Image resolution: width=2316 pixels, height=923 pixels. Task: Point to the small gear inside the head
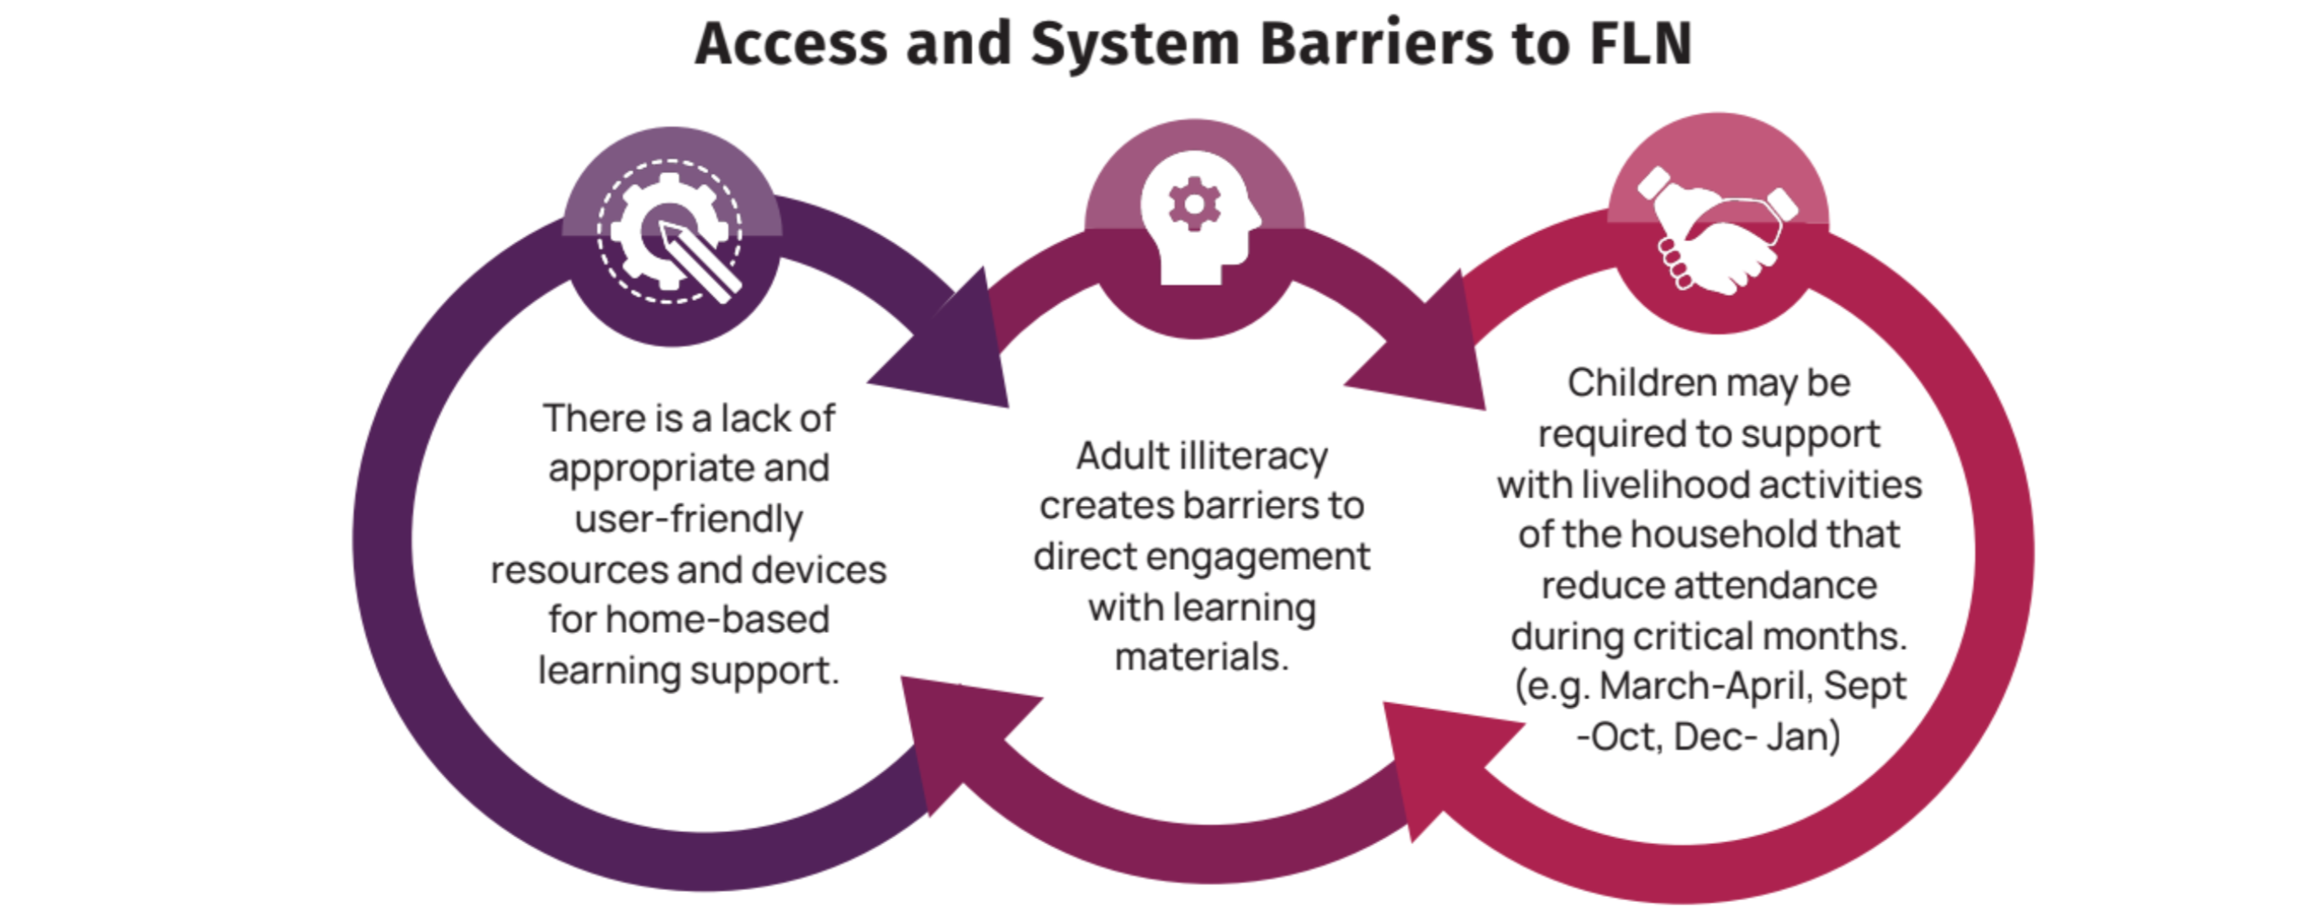[x=1194, y=204]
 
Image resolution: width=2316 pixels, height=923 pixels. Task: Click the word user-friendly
[x=689, y=520]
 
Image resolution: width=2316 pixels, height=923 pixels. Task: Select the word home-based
[x=717, y=620]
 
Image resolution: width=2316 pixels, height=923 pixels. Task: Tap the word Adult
[x=1122, y=456]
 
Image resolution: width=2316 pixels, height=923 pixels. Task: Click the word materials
[x=1201, y=658]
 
